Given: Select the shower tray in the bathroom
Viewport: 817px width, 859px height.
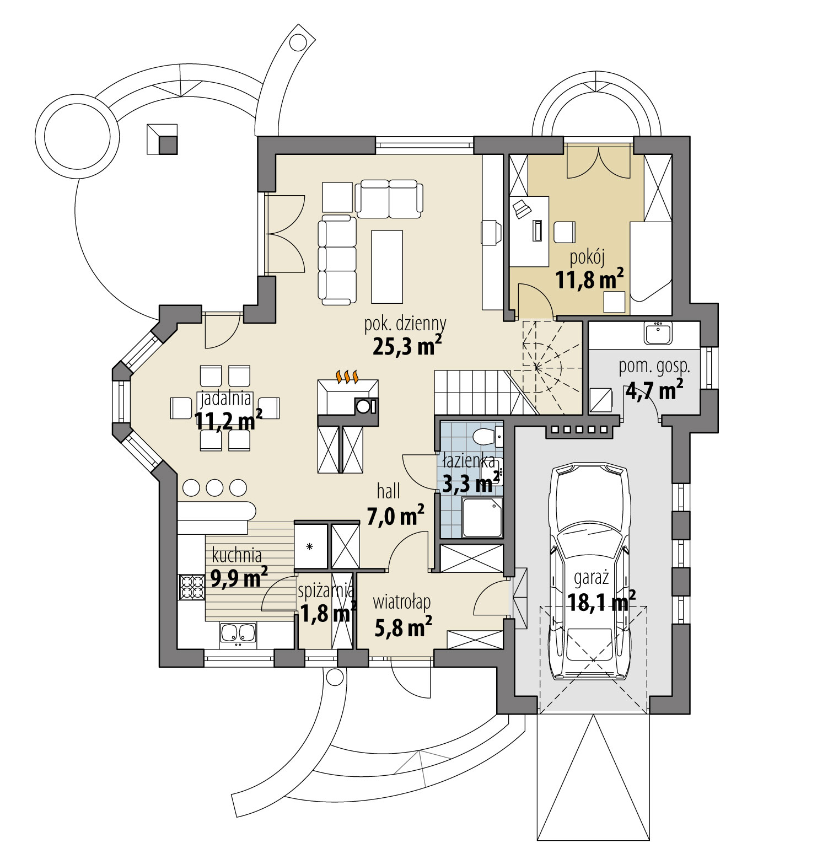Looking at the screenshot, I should click(x=482, y=517).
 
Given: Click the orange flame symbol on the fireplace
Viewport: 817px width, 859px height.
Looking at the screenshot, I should click(x=347, y=377).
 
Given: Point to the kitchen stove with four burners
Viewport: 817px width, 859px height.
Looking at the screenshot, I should click(x=191, y=587).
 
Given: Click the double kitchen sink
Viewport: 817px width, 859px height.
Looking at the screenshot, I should click(x=238, y=633).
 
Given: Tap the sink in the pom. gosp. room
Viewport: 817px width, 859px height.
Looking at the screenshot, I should click(x=657, y=334).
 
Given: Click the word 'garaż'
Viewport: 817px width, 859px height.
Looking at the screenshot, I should click(x=591, y=578).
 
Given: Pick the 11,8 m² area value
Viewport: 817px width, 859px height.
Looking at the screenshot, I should click(x=589, y=280).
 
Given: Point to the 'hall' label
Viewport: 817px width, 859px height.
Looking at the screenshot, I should click(x=389, y=491).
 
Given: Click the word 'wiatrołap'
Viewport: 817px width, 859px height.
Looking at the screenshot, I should click(x=401, y=602).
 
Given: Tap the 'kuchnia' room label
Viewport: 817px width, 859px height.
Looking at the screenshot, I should click(x=237, y=555).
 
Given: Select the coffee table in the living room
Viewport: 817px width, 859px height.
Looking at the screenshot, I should click(x=387, y=266).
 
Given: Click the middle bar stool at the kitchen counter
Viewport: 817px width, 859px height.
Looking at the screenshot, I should click(x=214, y=487).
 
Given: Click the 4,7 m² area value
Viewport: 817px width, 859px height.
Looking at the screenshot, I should click(x=654, y=391).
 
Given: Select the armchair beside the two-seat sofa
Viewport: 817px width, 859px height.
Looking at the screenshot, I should click(x=337, y=197).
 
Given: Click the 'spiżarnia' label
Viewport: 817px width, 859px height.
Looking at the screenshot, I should click(x=325, y=591).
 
